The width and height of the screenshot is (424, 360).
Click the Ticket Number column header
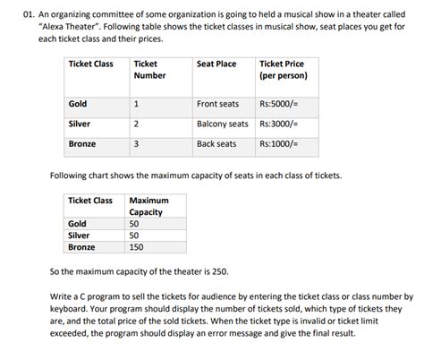click(149, 70)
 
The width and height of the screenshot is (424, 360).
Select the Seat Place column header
click(216, 64)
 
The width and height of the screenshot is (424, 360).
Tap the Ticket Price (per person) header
click(282, 70)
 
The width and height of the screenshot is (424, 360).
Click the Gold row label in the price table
click(78, 104)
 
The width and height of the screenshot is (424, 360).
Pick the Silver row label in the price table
click(81, 124)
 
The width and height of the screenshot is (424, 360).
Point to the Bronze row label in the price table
click(82, 143)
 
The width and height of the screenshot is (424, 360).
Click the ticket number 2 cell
click(135, 124)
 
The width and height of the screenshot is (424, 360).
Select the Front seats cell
click(217, 104)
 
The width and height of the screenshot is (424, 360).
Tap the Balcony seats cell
click(223, 124)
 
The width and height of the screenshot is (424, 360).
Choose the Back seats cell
click(216, 143)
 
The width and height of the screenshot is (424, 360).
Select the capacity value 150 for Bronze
click(137, 247)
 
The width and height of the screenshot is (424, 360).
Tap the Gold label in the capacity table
click(77, 224)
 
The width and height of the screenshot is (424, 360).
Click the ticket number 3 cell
click(135, 143)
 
